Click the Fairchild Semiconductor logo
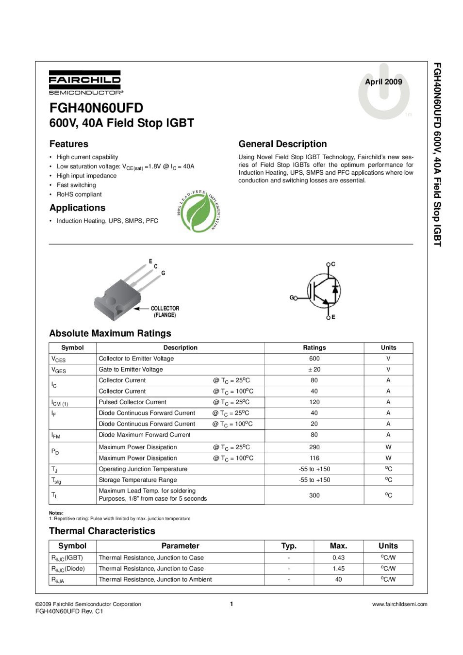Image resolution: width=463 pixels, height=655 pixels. tap(85, 82)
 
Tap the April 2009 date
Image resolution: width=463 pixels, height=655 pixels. tap(383, 82)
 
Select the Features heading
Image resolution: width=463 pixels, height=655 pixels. tap(69, 144)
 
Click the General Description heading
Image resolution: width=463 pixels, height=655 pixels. tap(282, 144)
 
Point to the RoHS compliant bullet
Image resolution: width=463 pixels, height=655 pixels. tap(79, 195)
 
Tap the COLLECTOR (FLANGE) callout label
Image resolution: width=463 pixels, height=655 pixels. tap(165, 312)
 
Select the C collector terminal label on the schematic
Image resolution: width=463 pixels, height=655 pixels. tap(333, 264)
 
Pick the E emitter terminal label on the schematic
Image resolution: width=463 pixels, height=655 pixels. tap(333, 317)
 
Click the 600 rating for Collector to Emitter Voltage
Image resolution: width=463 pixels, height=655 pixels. tap(314, 359)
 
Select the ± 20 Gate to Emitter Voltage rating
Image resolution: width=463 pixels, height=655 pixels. tap(314, 369)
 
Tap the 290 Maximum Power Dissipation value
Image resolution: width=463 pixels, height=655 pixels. tap(314, 447)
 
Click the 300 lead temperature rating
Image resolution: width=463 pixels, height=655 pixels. tap(314, 495)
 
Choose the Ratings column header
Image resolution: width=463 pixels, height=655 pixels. tap(314, 347)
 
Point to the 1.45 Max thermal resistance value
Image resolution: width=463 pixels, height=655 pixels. tap(338, 569)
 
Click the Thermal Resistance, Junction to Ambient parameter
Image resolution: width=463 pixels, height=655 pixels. tap(155, 579)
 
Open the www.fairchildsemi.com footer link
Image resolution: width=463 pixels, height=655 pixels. tap(399, 604)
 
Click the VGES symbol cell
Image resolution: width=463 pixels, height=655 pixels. tap(59, 370)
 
